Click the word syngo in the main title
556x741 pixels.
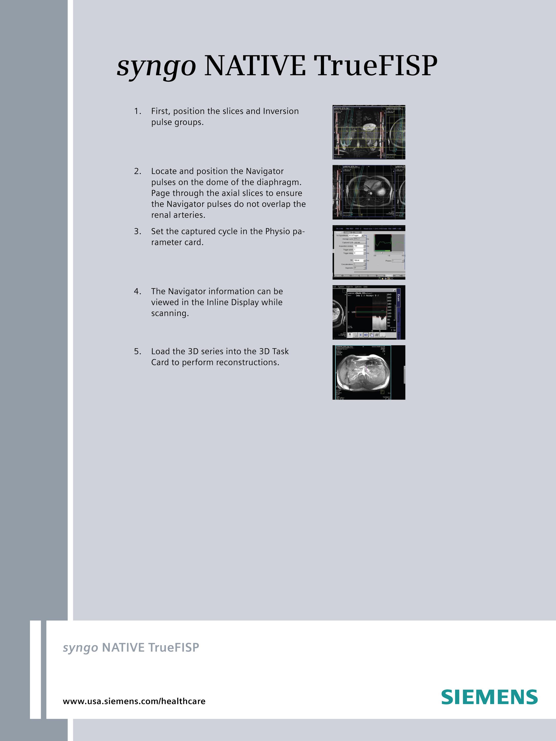click(156, 66)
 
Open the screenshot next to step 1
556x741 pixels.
click(369, 132)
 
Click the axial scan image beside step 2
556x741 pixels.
click(369, 192)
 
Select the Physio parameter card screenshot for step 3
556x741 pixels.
click(369, 252)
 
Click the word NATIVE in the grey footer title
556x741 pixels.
click(124, 648)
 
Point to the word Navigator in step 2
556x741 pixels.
click(264, 171)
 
